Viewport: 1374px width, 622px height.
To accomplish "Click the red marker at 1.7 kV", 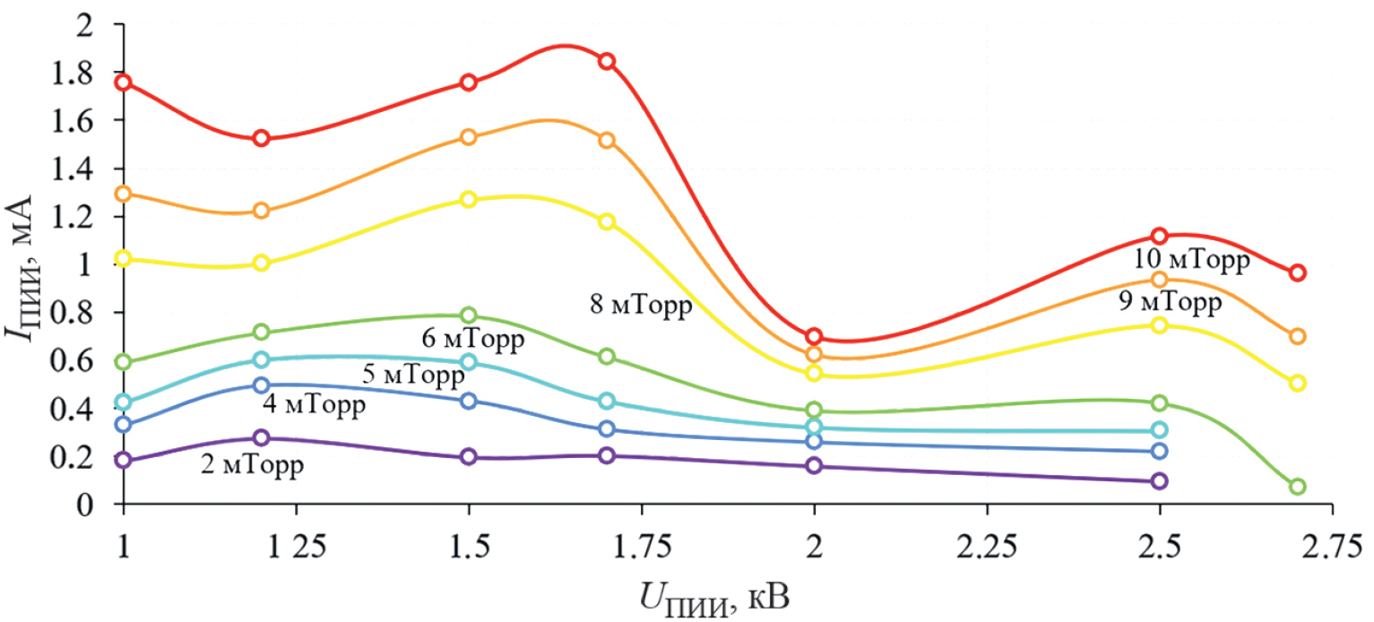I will pos(607,61).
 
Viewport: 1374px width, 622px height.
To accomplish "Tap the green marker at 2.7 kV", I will pos(1297,487).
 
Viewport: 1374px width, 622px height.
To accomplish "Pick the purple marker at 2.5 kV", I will pos(1159,480).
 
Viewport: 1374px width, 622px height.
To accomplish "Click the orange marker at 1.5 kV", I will pos(468,137).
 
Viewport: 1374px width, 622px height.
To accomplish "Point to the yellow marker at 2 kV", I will pos(814,373).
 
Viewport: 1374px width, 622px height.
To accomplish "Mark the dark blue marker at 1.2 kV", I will pos(261,385).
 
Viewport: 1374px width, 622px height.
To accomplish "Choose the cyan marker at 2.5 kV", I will pos(1159,430).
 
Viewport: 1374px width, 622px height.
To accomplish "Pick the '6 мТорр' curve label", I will pos(471,340).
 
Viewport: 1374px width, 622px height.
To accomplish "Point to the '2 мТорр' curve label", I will pos(251,465).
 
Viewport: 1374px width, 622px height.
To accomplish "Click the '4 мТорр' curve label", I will pos(315,405).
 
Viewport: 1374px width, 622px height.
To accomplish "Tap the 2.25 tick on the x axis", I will pos(987,548).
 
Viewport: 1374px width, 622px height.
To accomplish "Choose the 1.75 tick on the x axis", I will pos(641,548).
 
